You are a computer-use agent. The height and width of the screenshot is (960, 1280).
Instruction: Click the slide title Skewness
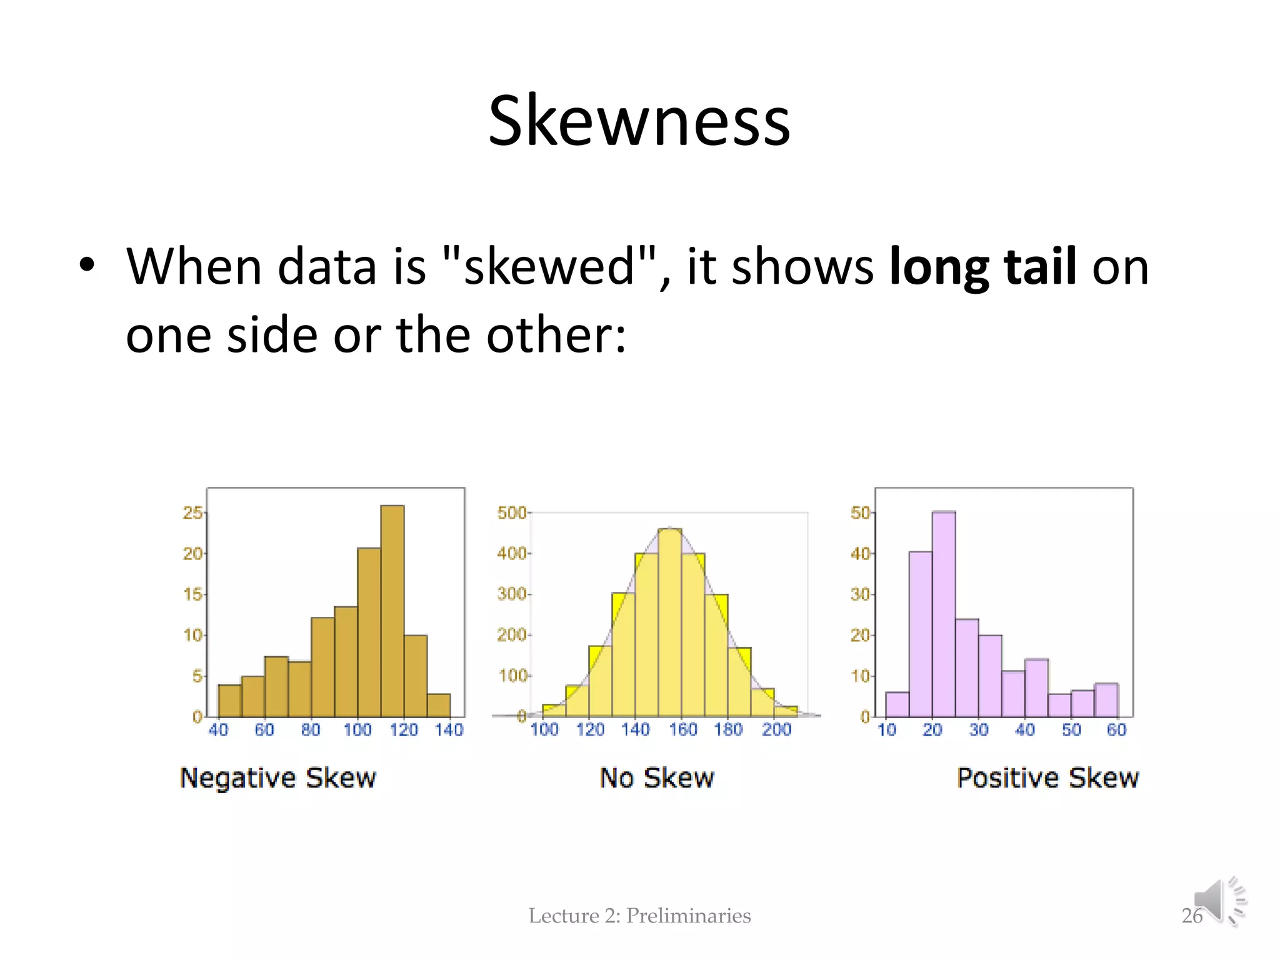point(639,121)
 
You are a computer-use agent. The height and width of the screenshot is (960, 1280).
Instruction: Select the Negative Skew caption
point(278,778)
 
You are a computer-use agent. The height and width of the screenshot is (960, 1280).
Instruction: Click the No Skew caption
point(657,778)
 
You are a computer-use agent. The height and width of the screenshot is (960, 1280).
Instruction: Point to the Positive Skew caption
point(1047,778)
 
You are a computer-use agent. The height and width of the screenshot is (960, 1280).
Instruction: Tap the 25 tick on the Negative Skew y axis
point(192,513)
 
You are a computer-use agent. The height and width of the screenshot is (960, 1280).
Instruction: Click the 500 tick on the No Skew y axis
point(511,513)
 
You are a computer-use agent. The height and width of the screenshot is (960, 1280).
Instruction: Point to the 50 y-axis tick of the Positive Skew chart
point(860,513)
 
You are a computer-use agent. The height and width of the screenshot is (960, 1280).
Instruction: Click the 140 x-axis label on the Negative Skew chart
point(449,730)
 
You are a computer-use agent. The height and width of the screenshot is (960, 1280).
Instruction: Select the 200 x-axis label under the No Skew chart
point(776,729)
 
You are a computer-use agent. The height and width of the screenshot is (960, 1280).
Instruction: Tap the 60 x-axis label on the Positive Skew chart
point(1116,729)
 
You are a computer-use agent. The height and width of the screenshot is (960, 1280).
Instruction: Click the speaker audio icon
point(1219,901)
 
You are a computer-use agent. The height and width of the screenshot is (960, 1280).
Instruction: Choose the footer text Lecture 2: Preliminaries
point(639,916)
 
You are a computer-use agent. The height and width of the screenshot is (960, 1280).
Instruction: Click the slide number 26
point(1191,916)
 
